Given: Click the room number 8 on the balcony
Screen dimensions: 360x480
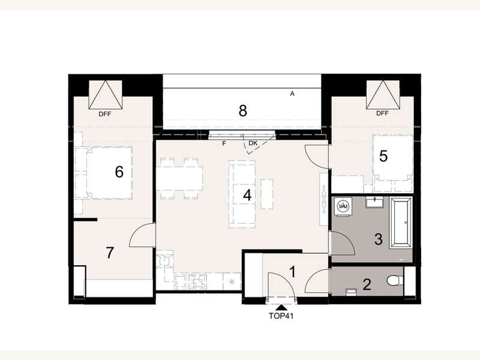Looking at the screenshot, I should click(x=242, y=110).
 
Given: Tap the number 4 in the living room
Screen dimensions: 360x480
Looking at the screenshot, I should click(x=247, y=194).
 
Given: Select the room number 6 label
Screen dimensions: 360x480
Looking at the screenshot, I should click(x=119, y=172).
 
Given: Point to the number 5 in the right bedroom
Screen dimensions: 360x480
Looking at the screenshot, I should click(x=383, y=156).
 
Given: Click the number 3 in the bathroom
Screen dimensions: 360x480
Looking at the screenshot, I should click(x=378, y=239).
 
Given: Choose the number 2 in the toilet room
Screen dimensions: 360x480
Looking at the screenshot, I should click(x=367, y=284).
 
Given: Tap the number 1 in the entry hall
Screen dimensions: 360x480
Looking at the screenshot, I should click(x=293, y=272).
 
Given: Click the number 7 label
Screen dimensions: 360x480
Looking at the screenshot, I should click(x=109, y=253).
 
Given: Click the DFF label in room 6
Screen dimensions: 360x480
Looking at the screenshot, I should click(x=104, y=113).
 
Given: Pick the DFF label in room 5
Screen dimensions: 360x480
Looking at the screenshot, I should click(x=383, y=113).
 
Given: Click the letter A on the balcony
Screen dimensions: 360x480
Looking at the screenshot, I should click(x=292, y=94).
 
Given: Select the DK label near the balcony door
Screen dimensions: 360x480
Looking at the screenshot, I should click(x=253, y=144).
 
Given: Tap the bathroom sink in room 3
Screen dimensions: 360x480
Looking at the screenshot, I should click(x=376, y=202).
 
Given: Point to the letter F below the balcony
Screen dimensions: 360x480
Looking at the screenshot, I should click(x=224, y=144).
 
